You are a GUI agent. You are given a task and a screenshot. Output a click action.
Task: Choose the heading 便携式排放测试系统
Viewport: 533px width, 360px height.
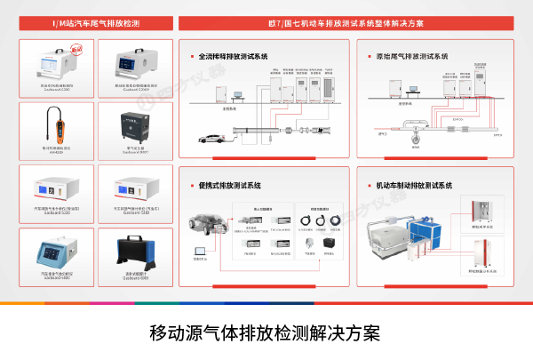coord(230,186)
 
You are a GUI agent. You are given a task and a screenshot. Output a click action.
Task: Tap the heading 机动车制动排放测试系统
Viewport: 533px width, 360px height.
coord(415,186)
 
